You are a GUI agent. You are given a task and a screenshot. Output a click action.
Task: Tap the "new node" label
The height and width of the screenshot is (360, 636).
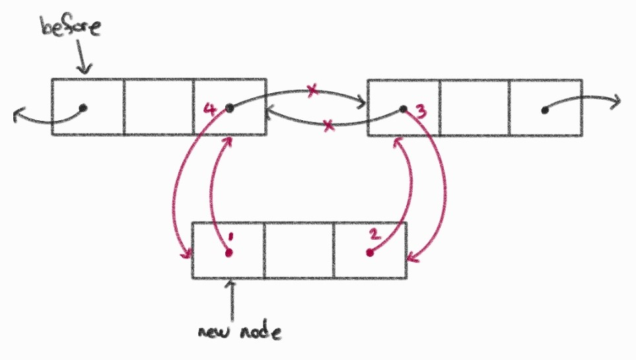239,331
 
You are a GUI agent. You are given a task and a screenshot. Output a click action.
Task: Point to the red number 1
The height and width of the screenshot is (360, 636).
229,236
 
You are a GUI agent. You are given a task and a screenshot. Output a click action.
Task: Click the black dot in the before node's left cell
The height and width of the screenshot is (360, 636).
83,107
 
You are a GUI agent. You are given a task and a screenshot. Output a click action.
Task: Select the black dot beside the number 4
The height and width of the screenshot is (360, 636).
229,107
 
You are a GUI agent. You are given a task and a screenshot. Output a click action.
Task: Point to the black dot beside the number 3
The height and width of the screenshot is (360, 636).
402,108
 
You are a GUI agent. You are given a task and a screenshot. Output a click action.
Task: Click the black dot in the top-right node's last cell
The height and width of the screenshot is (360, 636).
544,110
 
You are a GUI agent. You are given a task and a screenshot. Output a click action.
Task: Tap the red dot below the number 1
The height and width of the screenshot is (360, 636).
229,253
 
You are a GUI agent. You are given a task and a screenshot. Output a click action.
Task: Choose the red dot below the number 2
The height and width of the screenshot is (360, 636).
371,253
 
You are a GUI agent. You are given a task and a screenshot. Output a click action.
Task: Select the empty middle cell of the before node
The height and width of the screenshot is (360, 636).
159,107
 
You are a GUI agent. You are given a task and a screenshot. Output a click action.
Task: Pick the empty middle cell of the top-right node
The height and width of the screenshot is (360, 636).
474,108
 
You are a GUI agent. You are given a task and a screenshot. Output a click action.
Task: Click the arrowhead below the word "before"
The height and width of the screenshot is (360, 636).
85,69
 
